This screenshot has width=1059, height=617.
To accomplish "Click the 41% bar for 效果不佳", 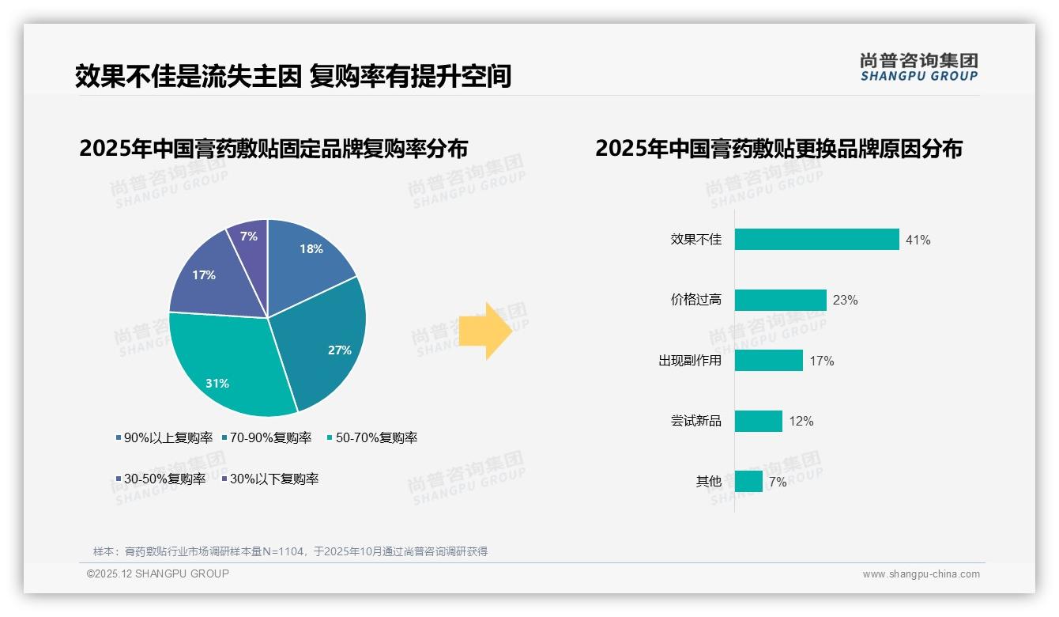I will click(816, 240).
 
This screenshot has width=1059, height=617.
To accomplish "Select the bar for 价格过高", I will click(780, 300).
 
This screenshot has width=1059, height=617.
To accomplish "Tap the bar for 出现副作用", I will click(768, 361).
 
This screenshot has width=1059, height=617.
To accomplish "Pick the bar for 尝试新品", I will click(758, 421).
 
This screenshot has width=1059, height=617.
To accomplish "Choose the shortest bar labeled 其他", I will click(748, 481).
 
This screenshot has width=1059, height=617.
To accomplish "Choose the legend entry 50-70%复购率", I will click(372, 437).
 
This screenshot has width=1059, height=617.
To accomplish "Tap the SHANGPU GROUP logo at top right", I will click(918, 67).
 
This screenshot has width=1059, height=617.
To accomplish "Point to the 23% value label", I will click(845, 301).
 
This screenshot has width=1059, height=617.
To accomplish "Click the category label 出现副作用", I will click(690, 361).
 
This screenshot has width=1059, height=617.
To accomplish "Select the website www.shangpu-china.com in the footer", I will click(921, 574).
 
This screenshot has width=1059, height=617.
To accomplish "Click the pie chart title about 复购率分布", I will click(273, 149).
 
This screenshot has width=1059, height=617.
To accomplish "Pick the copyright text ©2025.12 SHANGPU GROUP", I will click(158, 573).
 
